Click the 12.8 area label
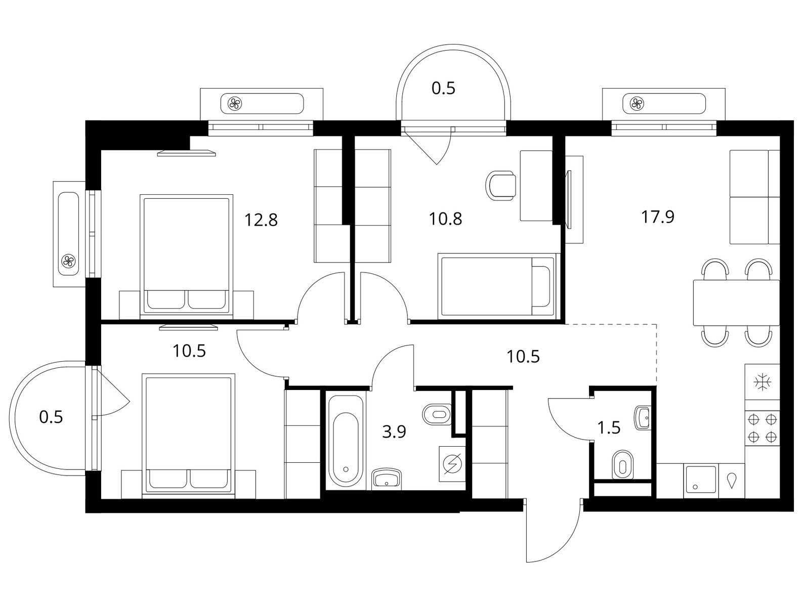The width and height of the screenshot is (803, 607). [x=261, y=220]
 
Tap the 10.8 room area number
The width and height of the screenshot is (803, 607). [x=445, y=219]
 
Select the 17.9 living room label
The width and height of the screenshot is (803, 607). [x=658, y=217]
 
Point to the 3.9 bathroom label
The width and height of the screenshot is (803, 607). [x=394, y=432]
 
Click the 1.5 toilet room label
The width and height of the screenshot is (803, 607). [x=609, y=427]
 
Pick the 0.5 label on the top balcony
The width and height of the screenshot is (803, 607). [x=443, y=89]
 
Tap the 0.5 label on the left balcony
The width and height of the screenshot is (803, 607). [x=51, y=417]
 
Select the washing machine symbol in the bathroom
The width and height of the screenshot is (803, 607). [x=452, y=464]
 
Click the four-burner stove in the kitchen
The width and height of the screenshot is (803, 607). [x=762, y=428]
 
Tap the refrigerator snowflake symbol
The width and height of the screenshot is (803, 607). [x=763, y=382]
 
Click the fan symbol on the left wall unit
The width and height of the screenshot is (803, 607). [x=68, y=261]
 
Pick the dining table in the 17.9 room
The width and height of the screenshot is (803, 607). [x=736, y=302]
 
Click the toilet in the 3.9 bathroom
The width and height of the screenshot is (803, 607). [x=437, y=414]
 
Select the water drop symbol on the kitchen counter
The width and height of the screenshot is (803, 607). [x=731, y=481]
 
